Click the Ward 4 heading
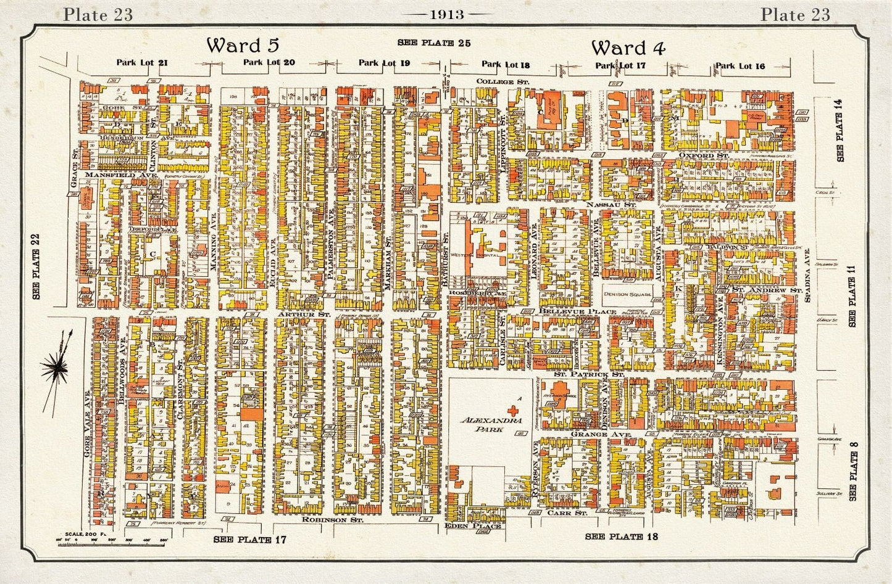[628, 47]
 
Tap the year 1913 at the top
[446, 14]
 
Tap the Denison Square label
[628, 294]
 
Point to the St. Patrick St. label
[580, 374]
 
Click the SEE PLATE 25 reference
[434, 43]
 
